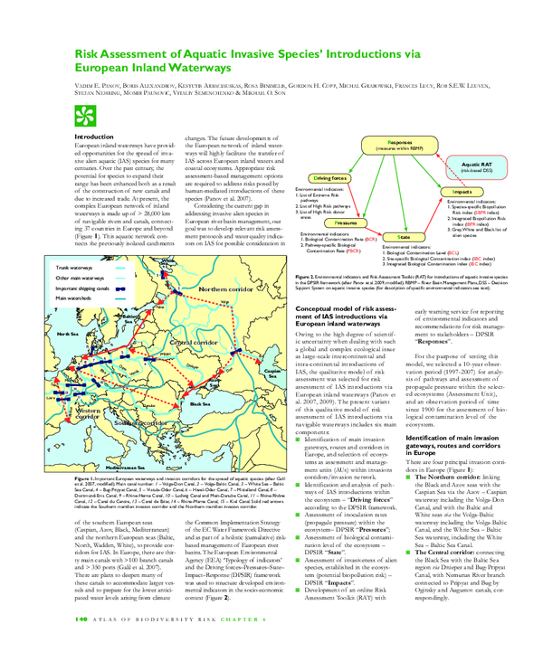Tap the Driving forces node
(x=331, y=179)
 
